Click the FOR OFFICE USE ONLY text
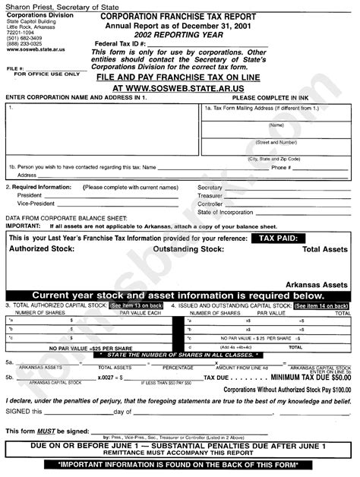point(41,74)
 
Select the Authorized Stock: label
point(44,248)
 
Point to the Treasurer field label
point(210,195)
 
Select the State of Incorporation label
point(226,212)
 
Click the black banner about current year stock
point(178,295)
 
